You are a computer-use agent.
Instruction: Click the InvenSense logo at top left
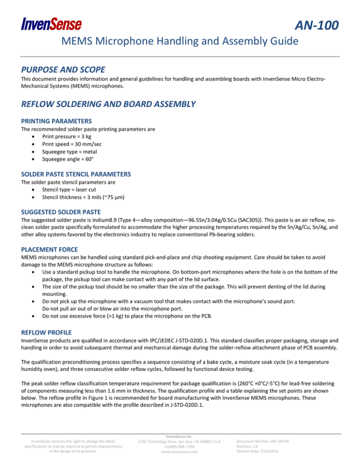pyautogui.click(x=51, y=23)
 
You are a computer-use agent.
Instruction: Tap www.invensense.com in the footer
pyautogui.click(x=180, y=452)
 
